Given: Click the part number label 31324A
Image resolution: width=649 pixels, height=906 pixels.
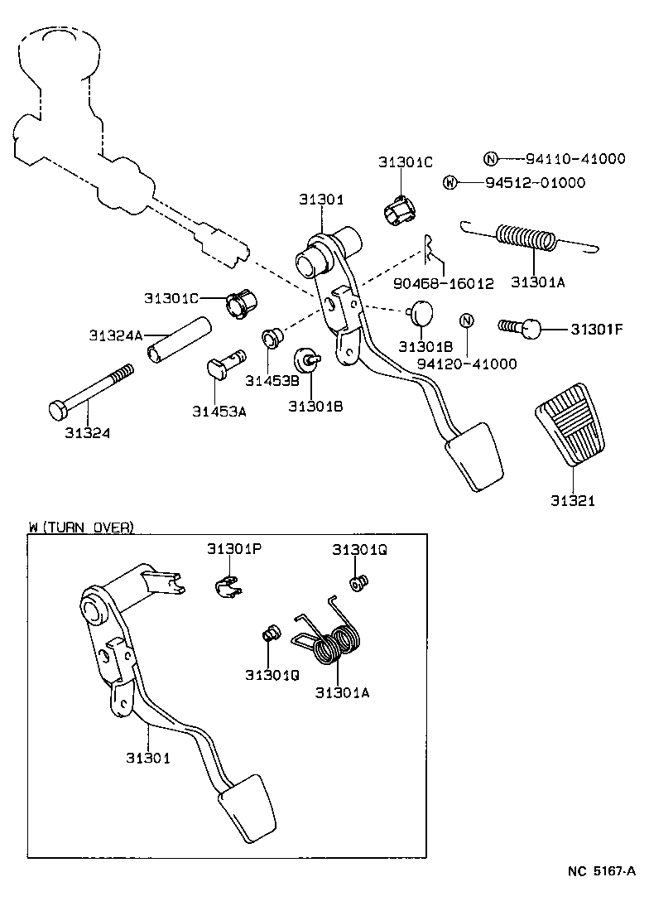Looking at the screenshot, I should tap(116, 335).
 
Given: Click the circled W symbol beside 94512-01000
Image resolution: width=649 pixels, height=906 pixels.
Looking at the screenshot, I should tap(450, 183).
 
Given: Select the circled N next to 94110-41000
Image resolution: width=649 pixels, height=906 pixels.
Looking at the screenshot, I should tap(490, 160).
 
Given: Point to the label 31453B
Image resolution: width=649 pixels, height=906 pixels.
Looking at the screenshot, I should tap(272, 380).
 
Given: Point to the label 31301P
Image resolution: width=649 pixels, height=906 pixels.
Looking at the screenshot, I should tap(234, 549).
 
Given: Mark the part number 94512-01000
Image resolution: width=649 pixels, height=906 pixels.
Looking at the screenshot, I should tap(535, 183).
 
